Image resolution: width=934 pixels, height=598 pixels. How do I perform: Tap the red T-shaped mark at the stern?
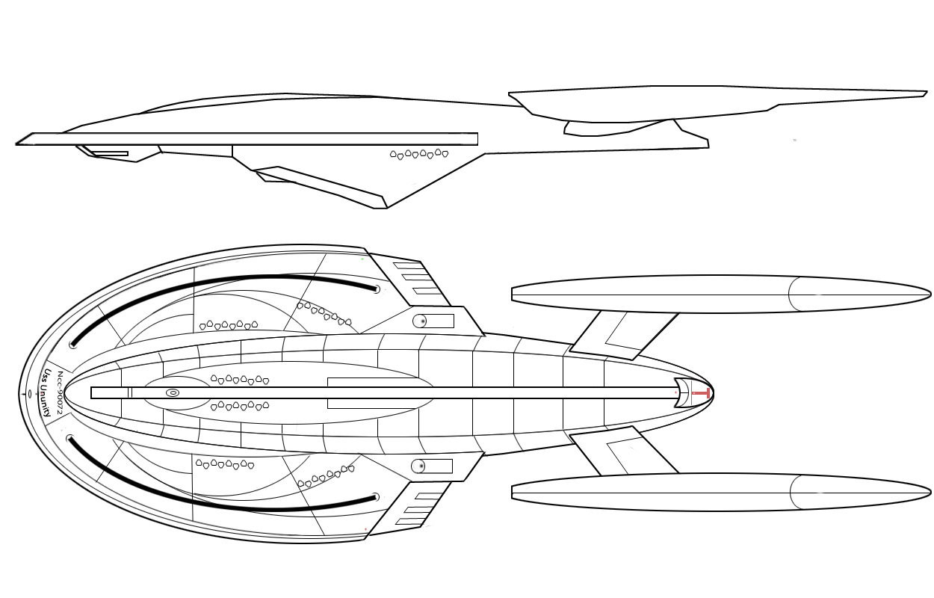click(x=700, y=392)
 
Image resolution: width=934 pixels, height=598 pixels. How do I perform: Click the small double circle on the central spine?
click(x=173, y=392)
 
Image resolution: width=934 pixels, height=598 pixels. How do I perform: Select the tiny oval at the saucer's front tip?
click(x=29, y=393)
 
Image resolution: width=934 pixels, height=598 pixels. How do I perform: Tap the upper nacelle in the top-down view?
click(x=717, y=294)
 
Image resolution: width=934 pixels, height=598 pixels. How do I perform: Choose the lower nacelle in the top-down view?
click(x=717, y=492)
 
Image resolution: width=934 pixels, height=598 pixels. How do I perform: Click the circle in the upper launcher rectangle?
click(x=421, y=321)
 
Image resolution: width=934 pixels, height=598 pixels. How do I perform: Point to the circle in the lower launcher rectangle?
click(x=420, y=467)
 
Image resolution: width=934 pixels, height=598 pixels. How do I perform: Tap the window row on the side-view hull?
click(x=419, y=154)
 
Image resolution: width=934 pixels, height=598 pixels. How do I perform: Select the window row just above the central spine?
click(x=240, y=380)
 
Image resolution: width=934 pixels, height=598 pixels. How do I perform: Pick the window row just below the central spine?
click(x=240, y=406)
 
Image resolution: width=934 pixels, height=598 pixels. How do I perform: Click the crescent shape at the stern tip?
click(x=682, y=392)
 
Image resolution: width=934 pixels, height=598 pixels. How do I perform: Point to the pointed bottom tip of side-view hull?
click(x=386, y=207)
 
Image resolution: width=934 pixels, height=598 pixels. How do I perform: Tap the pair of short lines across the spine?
click(x=130, y=392)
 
